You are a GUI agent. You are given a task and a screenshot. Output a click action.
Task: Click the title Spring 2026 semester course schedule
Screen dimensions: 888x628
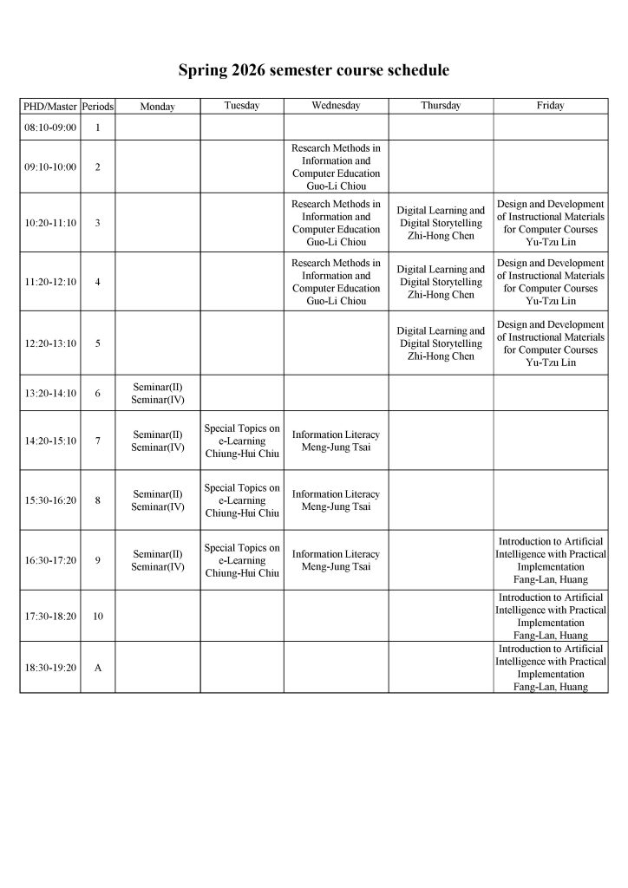314,69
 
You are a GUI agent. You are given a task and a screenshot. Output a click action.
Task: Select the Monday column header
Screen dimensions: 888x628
157,107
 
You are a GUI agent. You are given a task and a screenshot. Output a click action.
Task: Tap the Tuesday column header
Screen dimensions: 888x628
241,106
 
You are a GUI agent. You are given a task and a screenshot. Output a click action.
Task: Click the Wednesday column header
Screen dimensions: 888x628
336,106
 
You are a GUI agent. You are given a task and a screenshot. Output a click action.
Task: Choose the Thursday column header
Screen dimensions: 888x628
441,106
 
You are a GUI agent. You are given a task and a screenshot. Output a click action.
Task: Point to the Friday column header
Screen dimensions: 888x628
550,106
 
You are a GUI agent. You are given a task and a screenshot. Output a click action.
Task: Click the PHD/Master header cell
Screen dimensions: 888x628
49,107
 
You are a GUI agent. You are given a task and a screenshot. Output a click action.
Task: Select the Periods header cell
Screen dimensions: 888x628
97,107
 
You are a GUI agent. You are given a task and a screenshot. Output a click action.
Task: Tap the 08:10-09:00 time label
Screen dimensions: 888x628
49,127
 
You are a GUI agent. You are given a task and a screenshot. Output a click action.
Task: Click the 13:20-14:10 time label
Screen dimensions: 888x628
49,393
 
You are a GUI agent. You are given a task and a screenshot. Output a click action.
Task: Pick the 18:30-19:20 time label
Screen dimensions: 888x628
49,668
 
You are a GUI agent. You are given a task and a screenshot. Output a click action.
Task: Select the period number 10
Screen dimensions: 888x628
97,617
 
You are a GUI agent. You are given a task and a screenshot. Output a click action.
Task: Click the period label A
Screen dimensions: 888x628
97,668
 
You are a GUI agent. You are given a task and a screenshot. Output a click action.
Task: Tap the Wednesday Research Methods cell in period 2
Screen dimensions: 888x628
336,166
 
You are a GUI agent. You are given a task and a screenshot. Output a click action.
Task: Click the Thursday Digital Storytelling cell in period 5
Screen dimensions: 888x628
441,343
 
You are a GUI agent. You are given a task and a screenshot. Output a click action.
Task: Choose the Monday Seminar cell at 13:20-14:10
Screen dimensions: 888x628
157,393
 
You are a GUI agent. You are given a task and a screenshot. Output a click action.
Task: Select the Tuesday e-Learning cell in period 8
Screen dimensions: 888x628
241,500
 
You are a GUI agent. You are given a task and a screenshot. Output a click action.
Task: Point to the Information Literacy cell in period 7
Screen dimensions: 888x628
336,441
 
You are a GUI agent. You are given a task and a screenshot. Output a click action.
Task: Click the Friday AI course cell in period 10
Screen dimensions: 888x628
550,617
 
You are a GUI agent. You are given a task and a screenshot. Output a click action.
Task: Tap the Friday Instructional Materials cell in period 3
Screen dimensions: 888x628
550,223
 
